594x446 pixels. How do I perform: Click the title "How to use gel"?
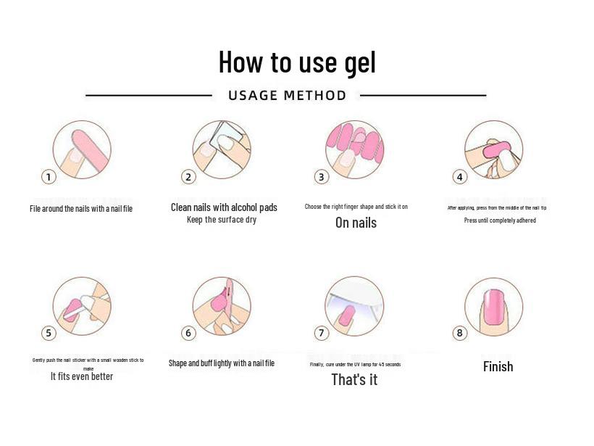click(x=297, y=62)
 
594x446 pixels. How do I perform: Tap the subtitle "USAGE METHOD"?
click(x=287, y=96)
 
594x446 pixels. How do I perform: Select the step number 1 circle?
click(x=49, y=177)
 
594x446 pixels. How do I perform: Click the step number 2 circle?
click(x=188, y=177)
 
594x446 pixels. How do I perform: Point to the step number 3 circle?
click(x=322, y=177)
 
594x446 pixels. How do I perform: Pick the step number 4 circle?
click(x=459, y=177)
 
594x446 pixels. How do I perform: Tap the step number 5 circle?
click(x=49, y=333)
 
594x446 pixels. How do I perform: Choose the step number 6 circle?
click(x=188, y=333)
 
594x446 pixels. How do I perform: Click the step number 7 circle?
click(x=322, y=333)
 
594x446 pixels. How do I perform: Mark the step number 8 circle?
click(x=459, y=333)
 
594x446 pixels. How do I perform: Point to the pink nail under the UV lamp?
click(x=346, y=314)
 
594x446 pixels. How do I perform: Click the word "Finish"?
click(x=498, y=367)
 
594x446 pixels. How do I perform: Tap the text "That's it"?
click(x=354, y=380)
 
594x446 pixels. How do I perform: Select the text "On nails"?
click(x=356, y=223)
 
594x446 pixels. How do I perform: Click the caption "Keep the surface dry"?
click(x=222, y=220)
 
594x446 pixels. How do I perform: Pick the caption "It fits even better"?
click(x=82, y=376)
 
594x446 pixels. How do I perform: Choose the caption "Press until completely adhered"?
click(x=500, y=220)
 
